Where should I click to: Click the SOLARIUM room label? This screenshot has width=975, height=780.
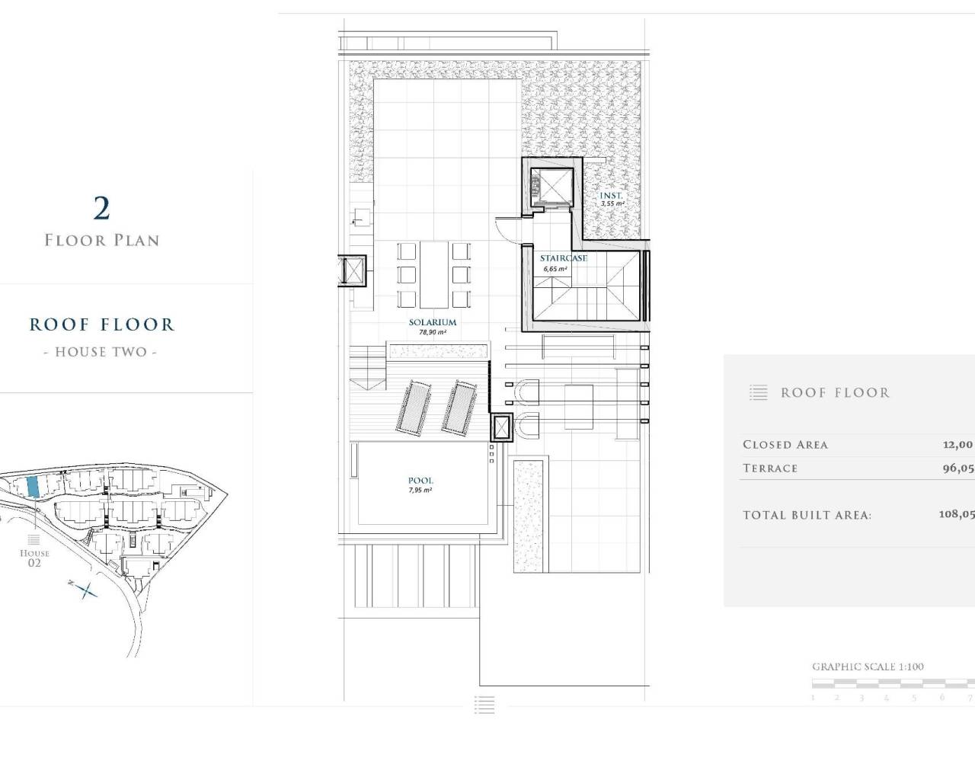tap(432, 322)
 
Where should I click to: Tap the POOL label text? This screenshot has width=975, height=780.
tap(420, 481)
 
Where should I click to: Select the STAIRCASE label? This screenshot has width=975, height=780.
tap(564, 258)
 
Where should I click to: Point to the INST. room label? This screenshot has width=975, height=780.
tap(612, 196)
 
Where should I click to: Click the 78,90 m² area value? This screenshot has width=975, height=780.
tap(432, 332)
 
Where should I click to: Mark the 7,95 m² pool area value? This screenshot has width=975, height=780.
tap(420, 490)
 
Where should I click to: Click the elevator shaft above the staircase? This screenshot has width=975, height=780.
tap(550, 185)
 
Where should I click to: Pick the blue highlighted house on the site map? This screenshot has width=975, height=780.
tap(33, 487)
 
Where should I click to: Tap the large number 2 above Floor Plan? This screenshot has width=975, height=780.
tap(101, 207)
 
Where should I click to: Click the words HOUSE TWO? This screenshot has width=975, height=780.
tap(101, 352)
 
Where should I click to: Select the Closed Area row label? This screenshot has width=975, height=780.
tap(785, 445)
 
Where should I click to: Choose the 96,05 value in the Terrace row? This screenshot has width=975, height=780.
tap(957, 468)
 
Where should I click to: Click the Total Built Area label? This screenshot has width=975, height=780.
tap(807, 516)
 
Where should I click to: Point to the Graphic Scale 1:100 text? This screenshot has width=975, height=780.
tap(868, 667)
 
